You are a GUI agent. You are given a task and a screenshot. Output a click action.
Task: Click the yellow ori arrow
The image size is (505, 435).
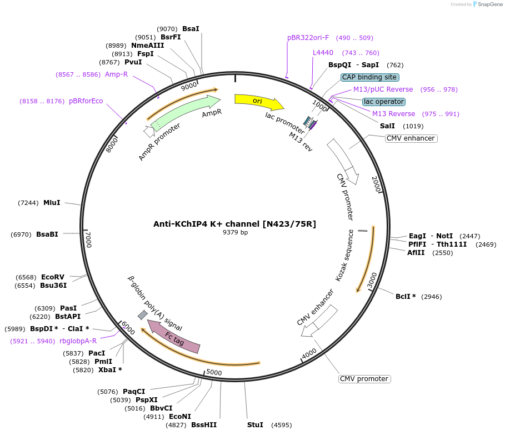[258, 101]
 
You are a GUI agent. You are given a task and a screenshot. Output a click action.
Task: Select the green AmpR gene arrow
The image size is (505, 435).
[183, 112]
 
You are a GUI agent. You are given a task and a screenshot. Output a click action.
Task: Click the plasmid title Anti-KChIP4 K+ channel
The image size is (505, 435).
[234, 224]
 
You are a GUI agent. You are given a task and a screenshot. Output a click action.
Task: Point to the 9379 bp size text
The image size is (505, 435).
[235, 233]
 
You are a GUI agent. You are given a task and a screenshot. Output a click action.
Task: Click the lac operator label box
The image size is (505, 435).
[383, 102]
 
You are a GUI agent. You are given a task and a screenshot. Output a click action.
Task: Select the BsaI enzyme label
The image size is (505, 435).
[191, 28]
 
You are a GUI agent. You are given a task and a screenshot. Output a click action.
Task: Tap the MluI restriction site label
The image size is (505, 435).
[52, 203]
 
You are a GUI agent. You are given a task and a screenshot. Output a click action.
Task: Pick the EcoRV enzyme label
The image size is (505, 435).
[53, 277]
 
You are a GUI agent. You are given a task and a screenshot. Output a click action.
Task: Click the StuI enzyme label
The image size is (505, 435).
[255, 425]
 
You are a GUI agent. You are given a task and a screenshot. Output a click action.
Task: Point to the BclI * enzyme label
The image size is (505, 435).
[406, 297]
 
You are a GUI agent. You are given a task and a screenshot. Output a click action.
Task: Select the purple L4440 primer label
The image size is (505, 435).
[323, 53]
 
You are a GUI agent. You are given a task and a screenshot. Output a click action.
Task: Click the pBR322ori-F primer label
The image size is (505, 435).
[308, 38]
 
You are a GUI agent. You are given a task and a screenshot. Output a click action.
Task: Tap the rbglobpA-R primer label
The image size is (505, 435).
[78, 341]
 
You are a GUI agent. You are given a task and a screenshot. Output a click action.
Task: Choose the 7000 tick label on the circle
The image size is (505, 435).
[87, 239]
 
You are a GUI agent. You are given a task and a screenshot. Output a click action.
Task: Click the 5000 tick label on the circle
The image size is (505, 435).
[214, 372]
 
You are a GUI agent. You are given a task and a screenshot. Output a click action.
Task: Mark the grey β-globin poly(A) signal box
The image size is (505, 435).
[143, 315]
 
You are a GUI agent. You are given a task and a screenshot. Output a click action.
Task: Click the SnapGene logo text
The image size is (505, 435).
[488, 4]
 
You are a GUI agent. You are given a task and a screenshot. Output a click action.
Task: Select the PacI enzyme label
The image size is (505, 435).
[96, 353]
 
